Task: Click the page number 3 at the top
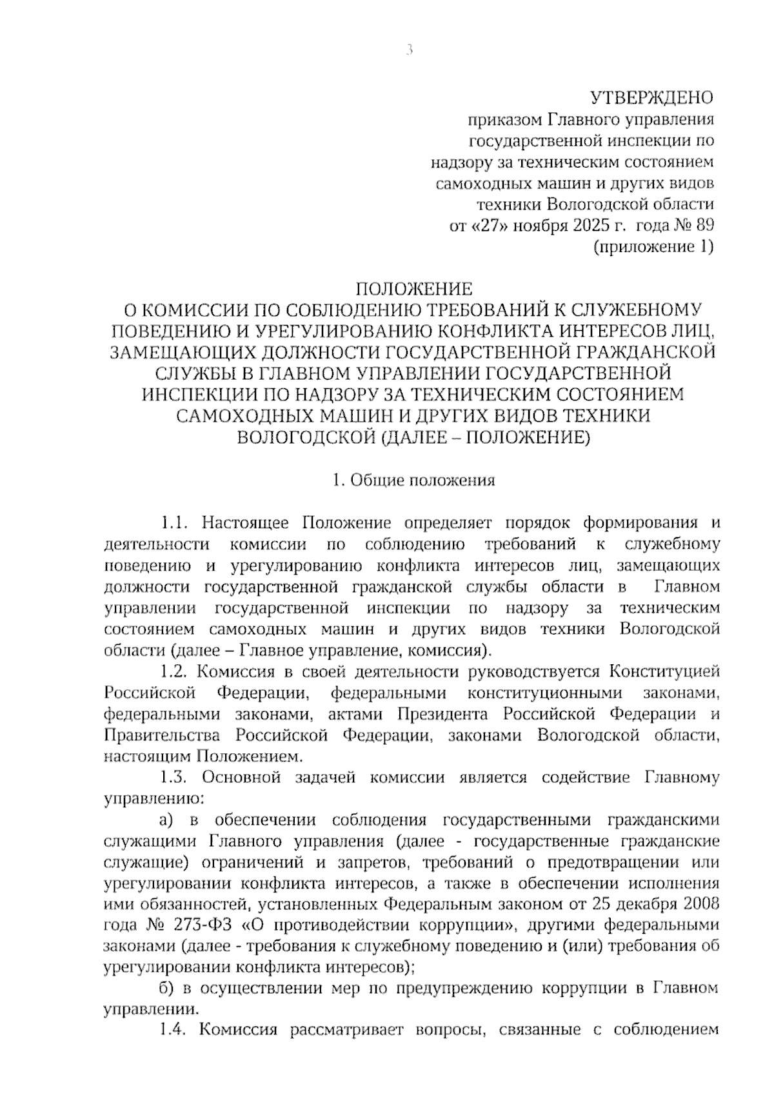(408, 50)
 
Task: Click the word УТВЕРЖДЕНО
(651, 98)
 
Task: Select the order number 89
(704, 226)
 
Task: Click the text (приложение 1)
(653, 246)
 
